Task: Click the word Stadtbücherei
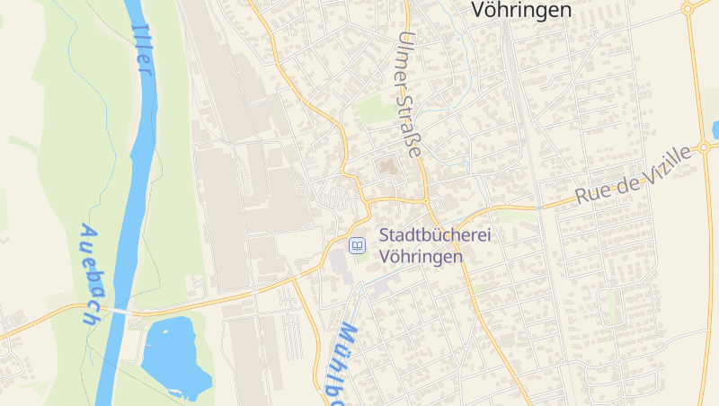[x=427, y=235]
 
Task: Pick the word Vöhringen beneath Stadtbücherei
[x=421, y=256]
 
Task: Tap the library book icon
[x=357, y=244]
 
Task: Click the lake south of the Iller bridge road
[x=174, y=355]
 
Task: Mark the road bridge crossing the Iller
[x=116, y=310]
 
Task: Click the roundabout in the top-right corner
[x=688, y=8]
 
